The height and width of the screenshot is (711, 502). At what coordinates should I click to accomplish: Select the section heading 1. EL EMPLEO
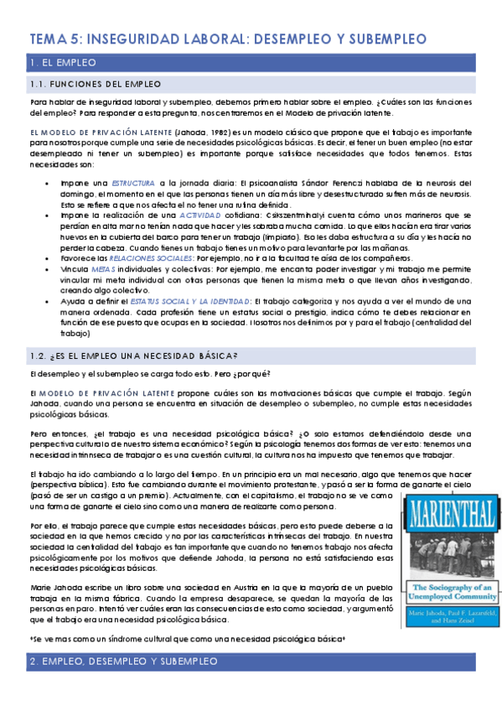pos(62,63)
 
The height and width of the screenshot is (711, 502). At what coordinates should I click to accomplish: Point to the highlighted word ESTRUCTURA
pos(134,181)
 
